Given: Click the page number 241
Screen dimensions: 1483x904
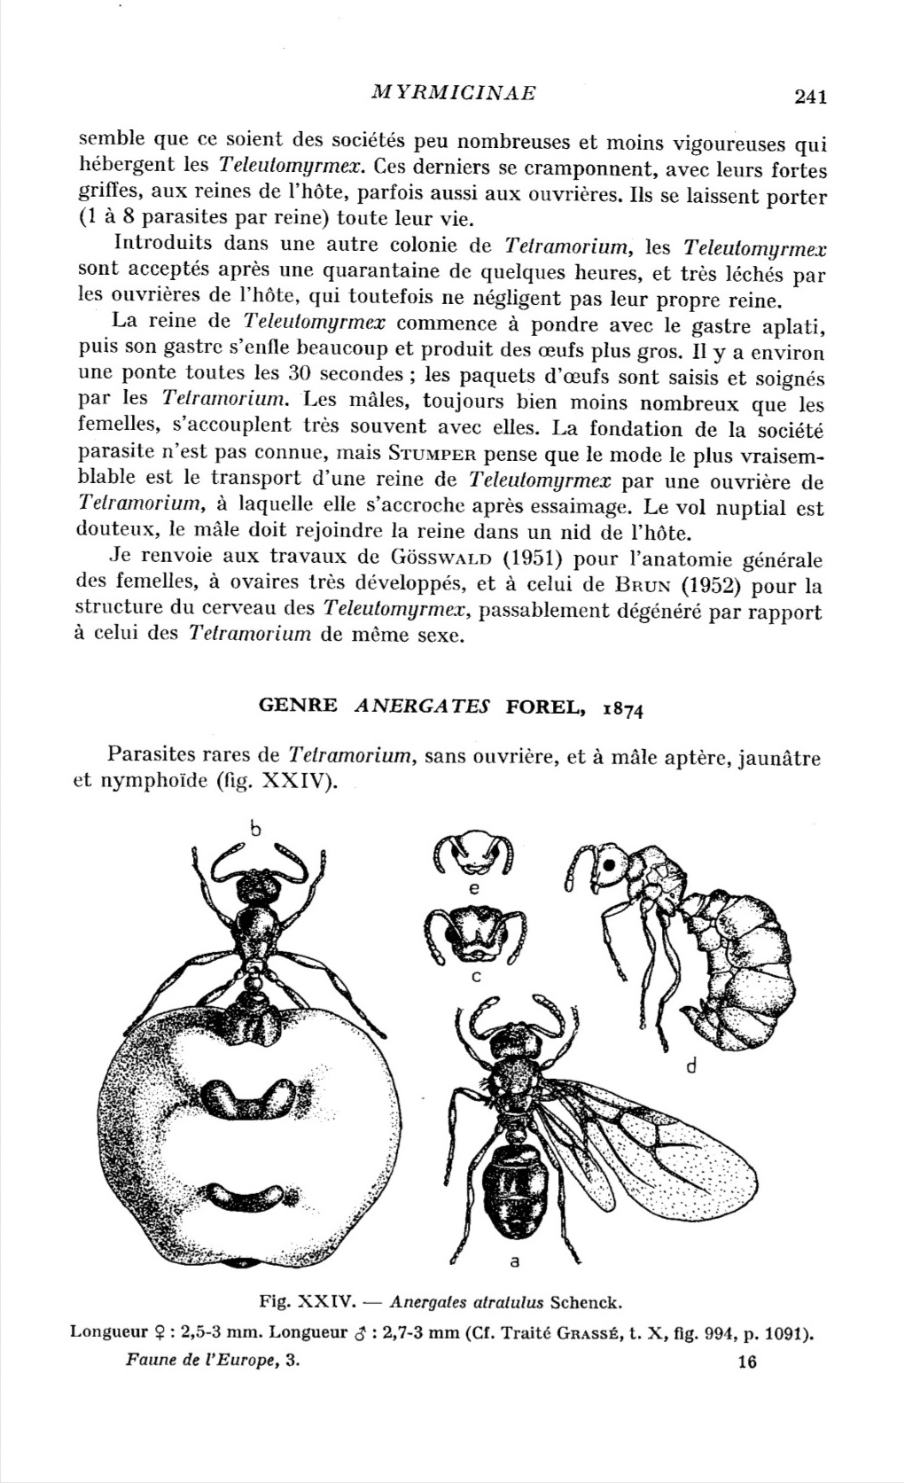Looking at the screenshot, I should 810,97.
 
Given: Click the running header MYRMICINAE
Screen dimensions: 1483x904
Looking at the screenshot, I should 454,92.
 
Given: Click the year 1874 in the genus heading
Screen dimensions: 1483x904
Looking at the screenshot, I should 622,707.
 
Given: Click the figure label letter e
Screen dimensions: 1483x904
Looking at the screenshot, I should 473,887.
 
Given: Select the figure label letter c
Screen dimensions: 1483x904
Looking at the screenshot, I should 475,976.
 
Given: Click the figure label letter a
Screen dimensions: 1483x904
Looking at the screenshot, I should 514,1260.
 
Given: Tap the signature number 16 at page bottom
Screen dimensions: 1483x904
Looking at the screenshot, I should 746,1362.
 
